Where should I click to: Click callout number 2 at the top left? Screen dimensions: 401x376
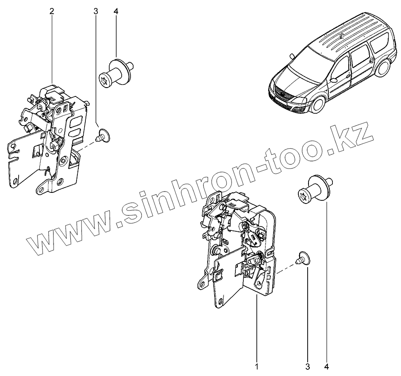(52, 11)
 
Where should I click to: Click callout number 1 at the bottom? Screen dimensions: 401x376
(256, 367)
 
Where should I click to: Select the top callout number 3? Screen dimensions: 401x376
(96, 11)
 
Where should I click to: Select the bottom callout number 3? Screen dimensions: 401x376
(307, 367)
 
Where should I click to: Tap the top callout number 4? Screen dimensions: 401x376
(116, 11)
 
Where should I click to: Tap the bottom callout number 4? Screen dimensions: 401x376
(327, 367)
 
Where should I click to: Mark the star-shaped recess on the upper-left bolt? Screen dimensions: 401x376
(106, 80)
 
